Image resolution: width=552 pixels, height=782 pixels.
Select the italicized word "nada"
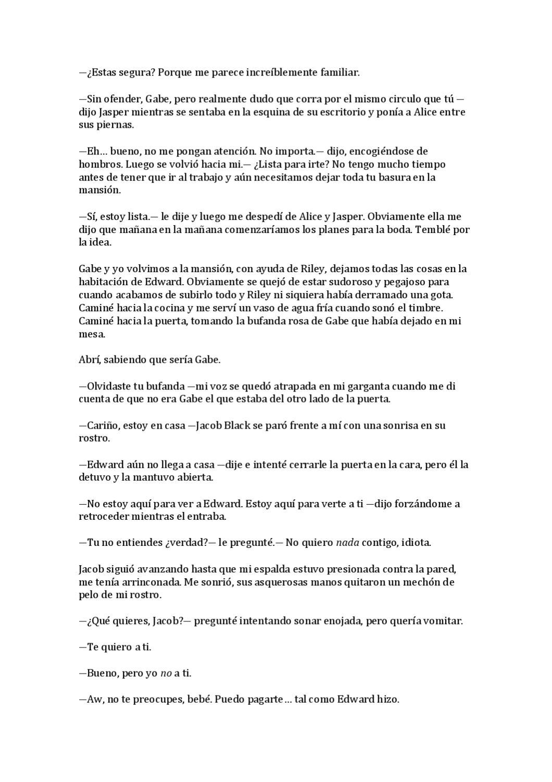pyautogui.click(x=347, y=543)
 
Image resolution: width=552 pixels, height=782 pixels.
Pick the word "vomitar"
pyautogui.click(x=443, y=621)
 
